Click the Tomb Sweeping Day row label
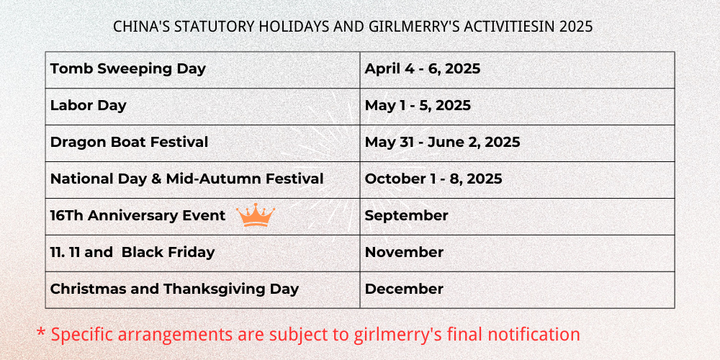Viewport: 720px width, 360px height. point(128,69)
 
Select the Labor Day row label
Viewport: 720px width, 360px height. point(88,106)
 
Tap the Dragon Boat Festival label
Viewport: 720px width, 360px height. point(129,142)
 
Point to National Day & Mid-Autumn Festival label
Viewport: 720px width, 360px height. point(187,179)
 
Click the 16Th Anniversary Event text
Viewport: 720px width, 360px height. point(138,215)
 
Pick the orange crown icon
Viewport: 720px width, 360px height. point(256,215)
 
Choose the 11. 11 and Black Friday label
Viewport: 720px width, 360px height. point(132,252)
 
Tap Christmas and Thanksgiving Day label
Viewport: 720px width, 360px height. point(174,289)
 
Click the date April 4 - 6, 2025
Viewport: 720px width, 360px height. point(423,69)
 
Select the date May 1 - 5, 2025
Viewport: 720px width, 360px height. point(418,106)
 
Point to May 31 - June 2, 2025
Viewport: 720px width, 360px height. point(442,142)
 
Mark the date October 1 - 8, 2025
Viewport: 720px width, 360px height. point(433,179)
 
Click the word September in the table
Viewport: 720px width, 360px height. point(406,216)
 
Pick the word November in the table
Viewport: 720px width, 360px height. point(404,252)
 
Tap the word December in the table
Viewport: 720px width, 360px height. point(404,289)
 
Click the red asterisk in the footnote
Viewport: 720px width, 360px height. point(41,332)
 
